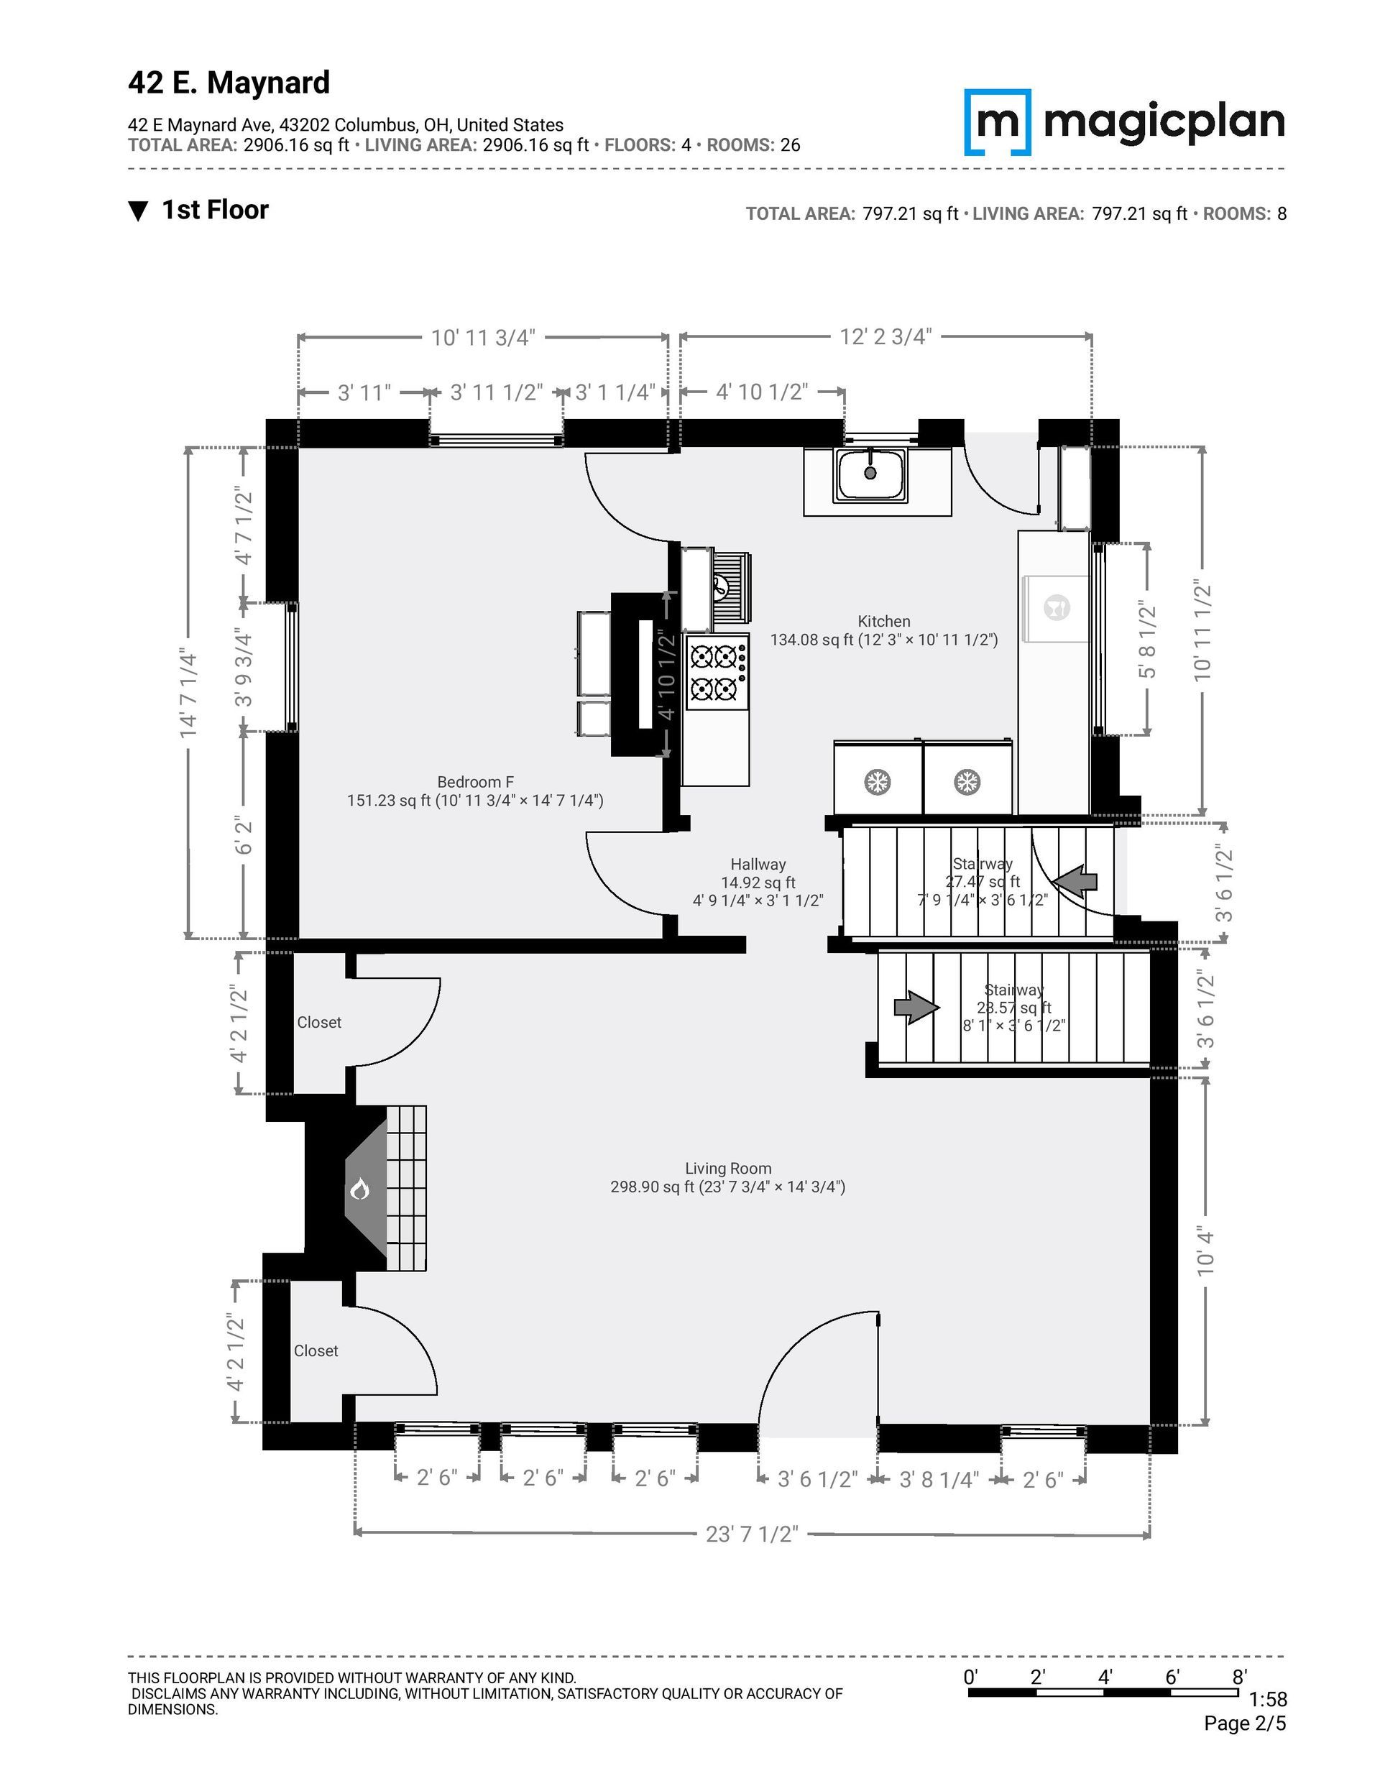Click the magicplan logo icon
point(997,122)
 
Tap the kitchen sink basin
point(870,475)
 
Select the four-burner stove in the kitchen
point(717,672)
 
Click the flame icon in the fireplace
point(360,1189)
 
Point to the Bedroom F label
point(475,783)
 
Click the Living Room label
point(728,1169)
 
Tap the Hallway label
point(758,865)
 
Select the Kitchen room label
point(884,622)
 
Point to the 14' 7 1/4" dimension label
point(189,694)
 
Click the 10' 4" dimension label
point(1205,1251)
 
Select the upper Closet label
point(319,1022)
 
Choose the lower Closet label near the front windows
point(316,1351)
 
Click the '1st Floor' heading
point(215,210)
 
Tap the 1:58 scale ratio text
point(1268,1701)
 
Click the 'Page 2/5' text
point(1245,1724)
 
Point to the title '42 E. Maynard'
point(229,83)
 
